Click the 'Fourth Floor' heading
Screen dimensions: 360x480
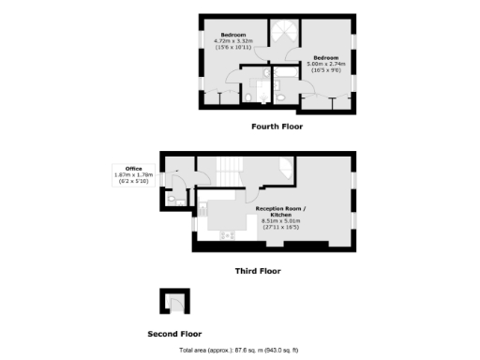(x=277, y=126)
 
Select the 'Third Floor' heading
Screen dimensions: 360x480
(x=257, y=270)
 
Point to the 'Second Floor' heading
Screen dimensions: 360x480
(x=174, y=333)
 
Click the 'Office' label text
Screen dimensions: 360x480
(x=121, y=168)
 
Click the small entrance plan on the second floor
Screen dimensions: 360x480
(x=172, y=302)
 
